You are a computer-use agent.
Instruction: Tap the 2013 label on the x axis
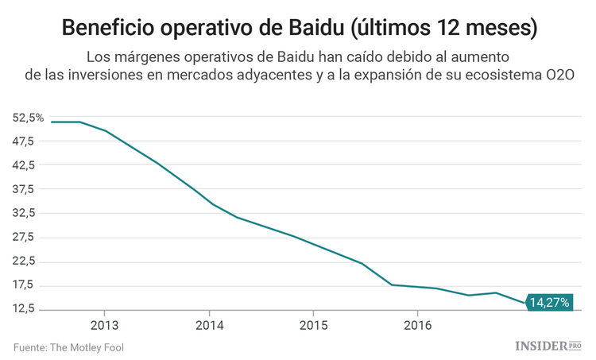(x=104, y=325)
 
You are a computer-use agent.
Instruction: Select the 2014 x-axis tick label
(x=209, y=325)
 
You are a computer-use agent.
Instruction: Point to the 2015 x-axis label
(x=314, y=325)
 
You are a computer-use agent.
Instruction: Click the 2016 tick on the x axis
(x=418, y=325)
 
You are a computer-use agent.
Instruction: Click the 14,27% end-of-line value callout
(x=549, y=303)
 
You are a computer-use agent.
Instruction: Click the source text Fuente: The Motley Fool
(x=68, y=347)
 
